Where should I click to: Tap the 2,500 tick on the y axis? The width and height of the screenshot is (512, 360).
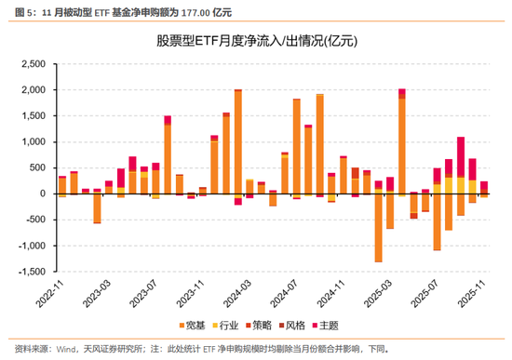point(33,64)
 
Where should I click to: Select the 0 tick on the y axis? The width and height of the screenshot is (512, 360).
point(42,193)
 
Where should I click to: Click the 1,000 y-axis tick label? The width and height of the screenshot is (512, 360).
point(33,142)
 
